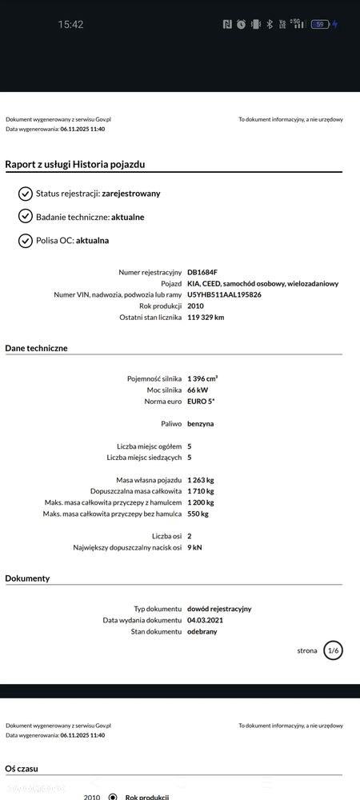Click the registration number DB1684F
click(202, 272)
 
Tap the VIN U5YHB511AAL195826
click(224, 294)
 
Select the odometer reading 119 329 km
click(206, 318)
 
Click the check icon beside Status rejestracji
click(26, 194)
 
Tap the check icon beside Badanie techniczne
click(26, 217)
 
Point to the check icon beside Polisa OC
click(26, 240)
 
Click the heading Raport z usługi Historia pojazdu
click(75, 164)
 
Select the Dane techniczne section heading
click(36, 348)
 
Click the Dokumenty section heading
click(27, 578)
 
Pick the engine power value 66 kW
click(198, 390)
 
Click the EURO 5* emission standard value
click(201, 401)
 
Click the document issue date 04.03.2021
click(206, 620)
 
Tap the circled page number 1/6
click(333, 650)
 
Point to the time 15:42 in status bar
click(70, 25)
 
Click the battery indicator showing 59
click(320, 25)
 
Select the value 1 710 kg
click(201, 490)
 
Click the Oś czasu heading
click(22, 768)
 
